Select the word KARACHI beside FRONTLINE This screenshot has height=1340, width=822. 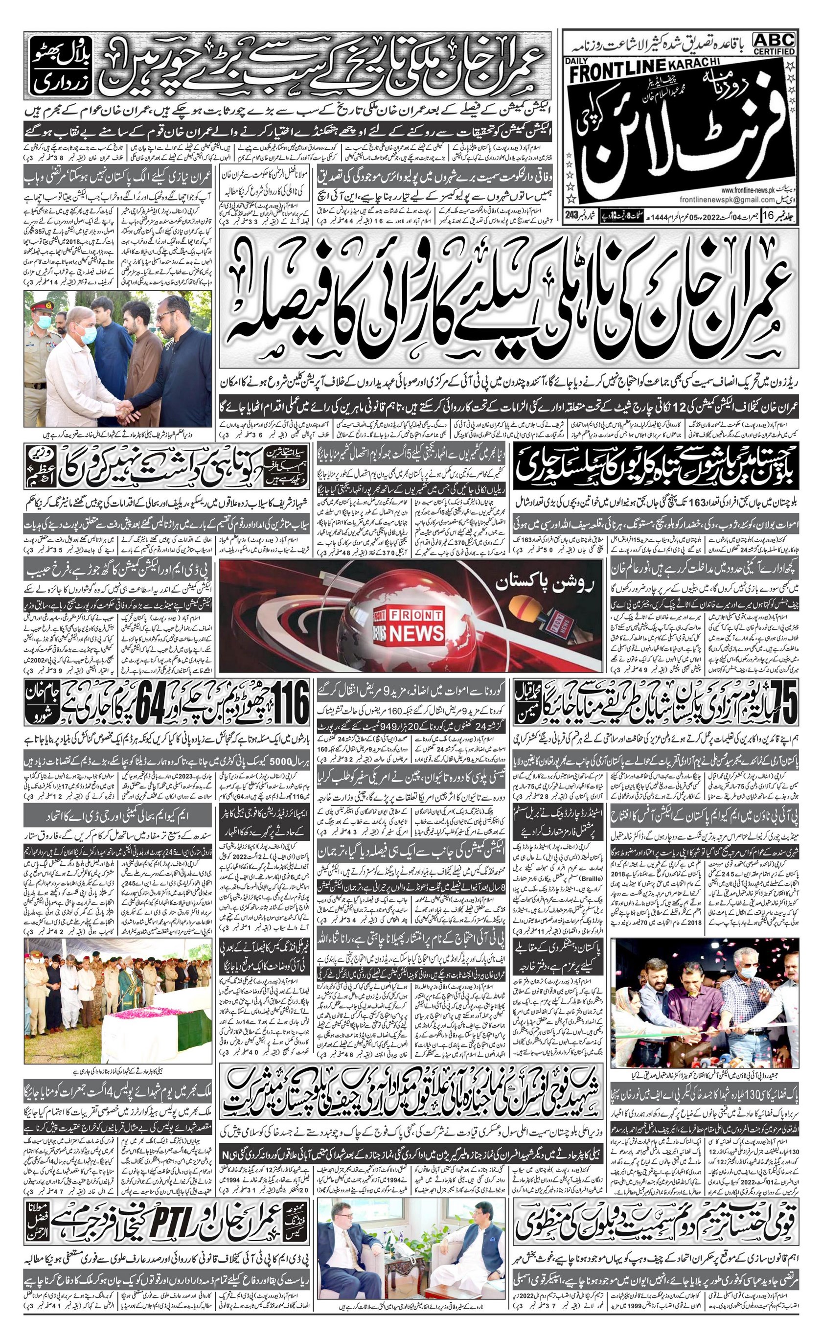tap(693, 64)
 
